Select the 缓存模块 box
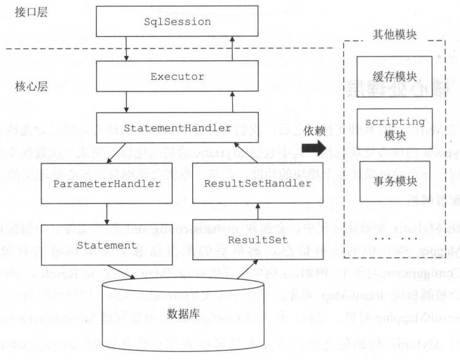tap(394, 77)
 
